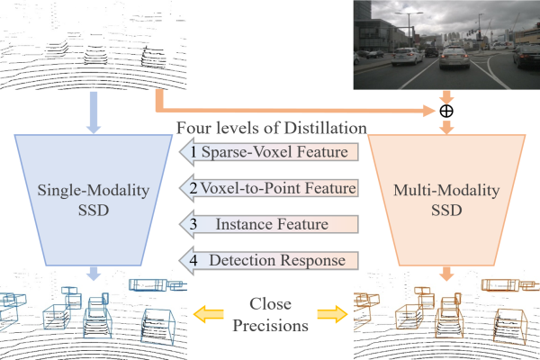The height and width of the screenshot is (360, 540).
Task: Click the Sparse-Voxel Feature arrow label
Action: point(274,152)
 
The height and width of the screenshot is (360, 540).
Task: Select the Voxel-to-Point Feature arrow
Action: point(274,188)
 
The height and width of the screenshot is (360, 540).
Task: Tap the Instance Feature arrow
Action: point(274,224)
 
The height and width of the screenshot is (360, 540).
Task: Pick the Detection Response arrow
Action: point(274,260)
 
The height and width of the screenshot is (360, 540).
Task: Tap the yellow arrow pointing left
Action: point(208,313)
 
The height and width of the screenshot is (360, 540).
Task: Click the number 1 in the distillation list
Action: point(193,152)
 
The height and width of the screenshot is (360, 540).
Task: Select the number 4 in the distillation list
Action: point(193,260)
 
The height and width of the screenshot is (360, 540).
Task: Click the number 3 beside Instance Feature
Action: point(193,224)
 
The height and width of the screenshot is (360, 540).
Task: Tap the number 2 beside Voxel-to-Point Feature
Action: point(193,188)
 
